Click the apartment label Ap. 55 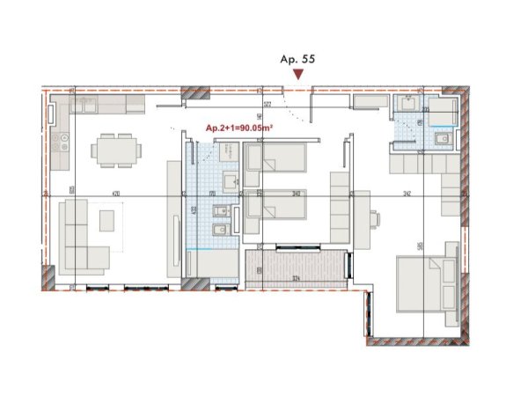[297, 60]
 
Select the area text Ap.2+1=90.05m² [238, 128]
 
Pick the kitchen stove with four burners [62, 141]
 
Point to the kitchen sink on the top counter [84, 105]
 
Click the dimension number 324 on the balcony [297, 278]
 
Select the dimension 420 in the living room [115, 193]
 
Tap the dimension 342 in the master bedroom [406, 193]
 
